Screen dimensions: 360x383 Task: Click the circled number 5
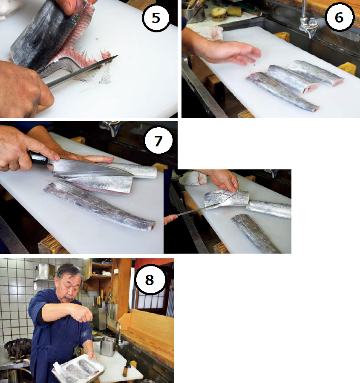tap(156, 18)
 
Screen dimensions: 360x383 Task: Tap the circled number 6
tap(339, 17)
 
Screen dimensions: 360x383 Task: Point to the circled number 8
tap(150, 280)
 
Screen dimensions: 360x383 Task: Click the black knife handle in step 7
tap(38, 158)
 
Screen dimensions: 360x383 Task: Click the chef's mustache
tap(69, 297)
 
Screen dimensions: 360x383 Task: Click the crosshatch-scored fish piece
tap(226, 199)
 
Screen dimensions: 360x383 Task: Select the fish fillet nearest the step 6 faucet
tap(316, 73)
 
